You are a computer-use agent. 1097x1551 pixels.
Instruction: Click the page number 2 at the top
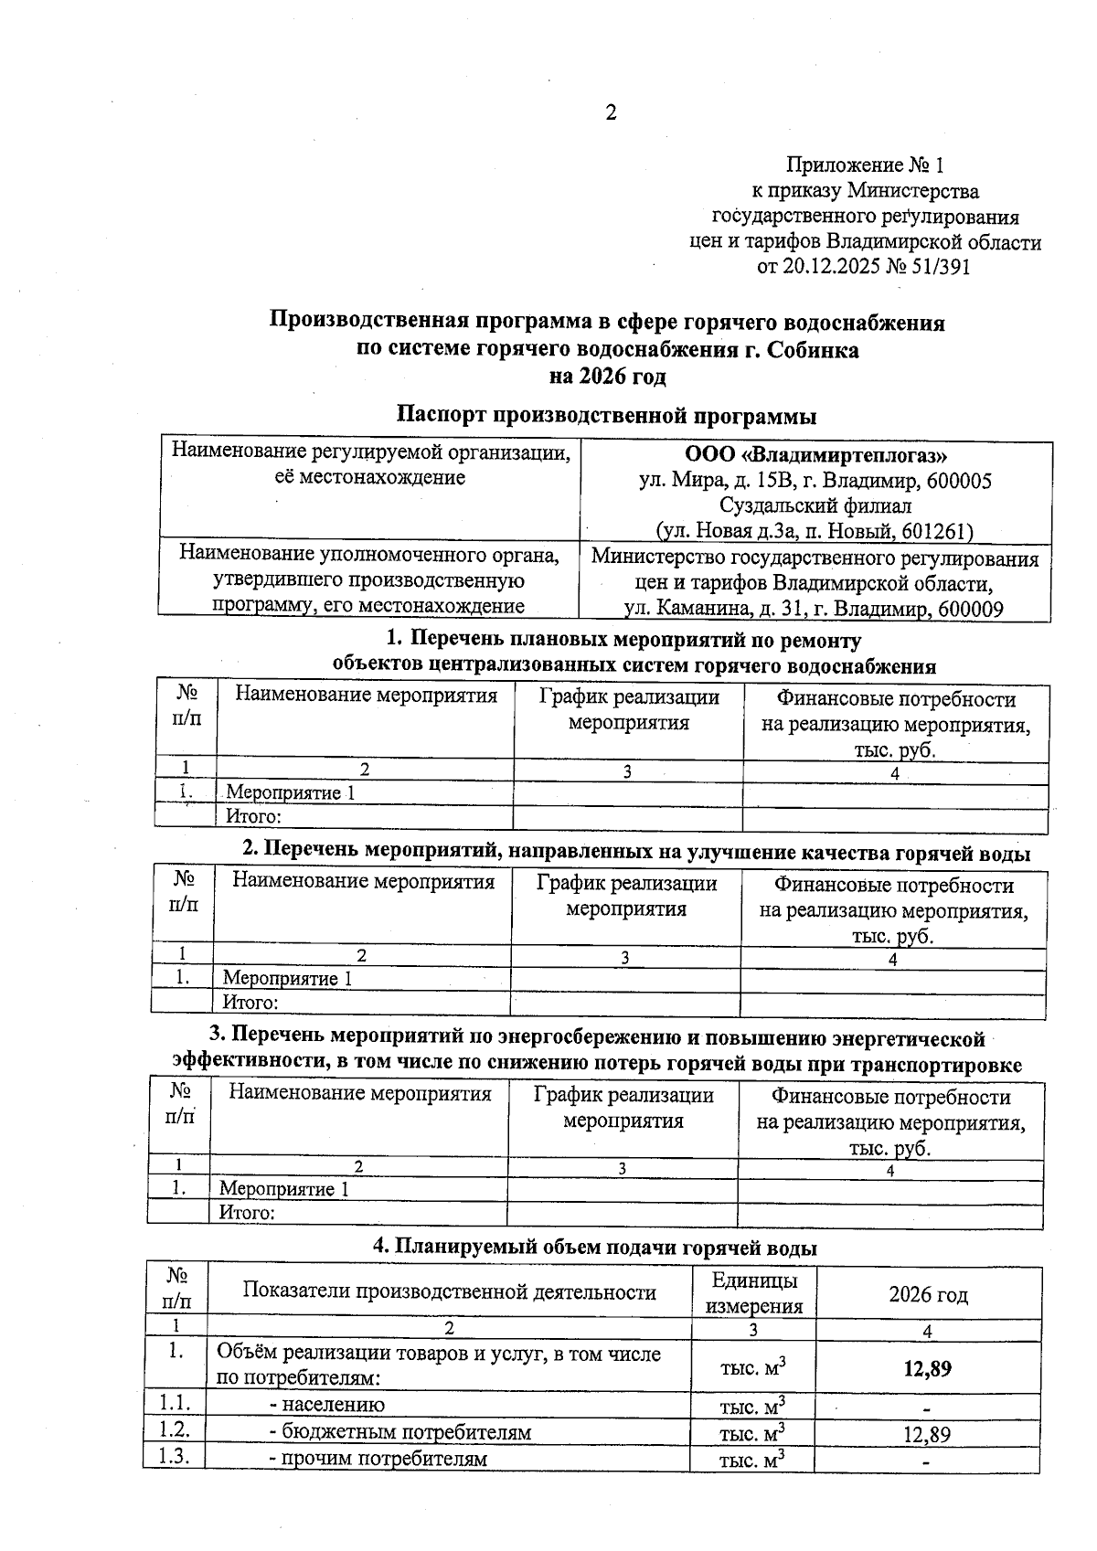coord(611,112)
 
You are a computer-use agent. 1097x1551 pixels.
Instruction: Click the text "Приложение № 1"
coord(864,165)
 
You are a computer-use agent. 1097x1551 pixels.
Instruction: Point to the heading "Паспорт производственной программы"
coord(606,416)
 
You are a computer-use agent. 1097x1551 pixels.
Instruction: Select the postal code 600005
coord(958,481)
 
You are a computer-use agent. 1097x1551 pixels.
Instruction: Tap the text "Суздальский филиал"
coord(815,505)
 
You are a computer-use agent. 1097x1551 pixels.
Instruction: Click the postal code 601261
coord(937,532)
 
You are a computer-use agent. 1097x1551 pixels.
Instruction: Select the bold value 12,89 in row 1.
coord(927,1368)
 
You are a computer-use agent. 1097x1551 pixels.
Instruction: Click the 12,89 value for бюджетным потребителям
coord(927,1434)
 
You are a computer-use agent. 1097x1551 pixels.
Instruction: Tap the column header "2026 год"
coord(928,1294)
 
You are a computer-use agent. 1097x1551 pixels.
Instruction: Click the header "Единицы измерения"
coord(753,1293)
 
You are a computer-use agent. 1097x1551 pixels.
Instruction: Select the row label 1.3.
coord(174,1457)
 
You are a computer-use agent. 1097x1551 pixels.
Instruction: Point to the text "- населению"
coord(326,1405)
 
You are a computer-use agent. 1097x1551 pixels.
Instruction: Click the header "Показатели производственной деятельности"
coord(449,1292)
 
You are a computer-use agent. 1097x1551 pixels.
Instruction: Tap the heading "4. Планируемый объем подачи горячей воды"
coord(594,1248)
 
